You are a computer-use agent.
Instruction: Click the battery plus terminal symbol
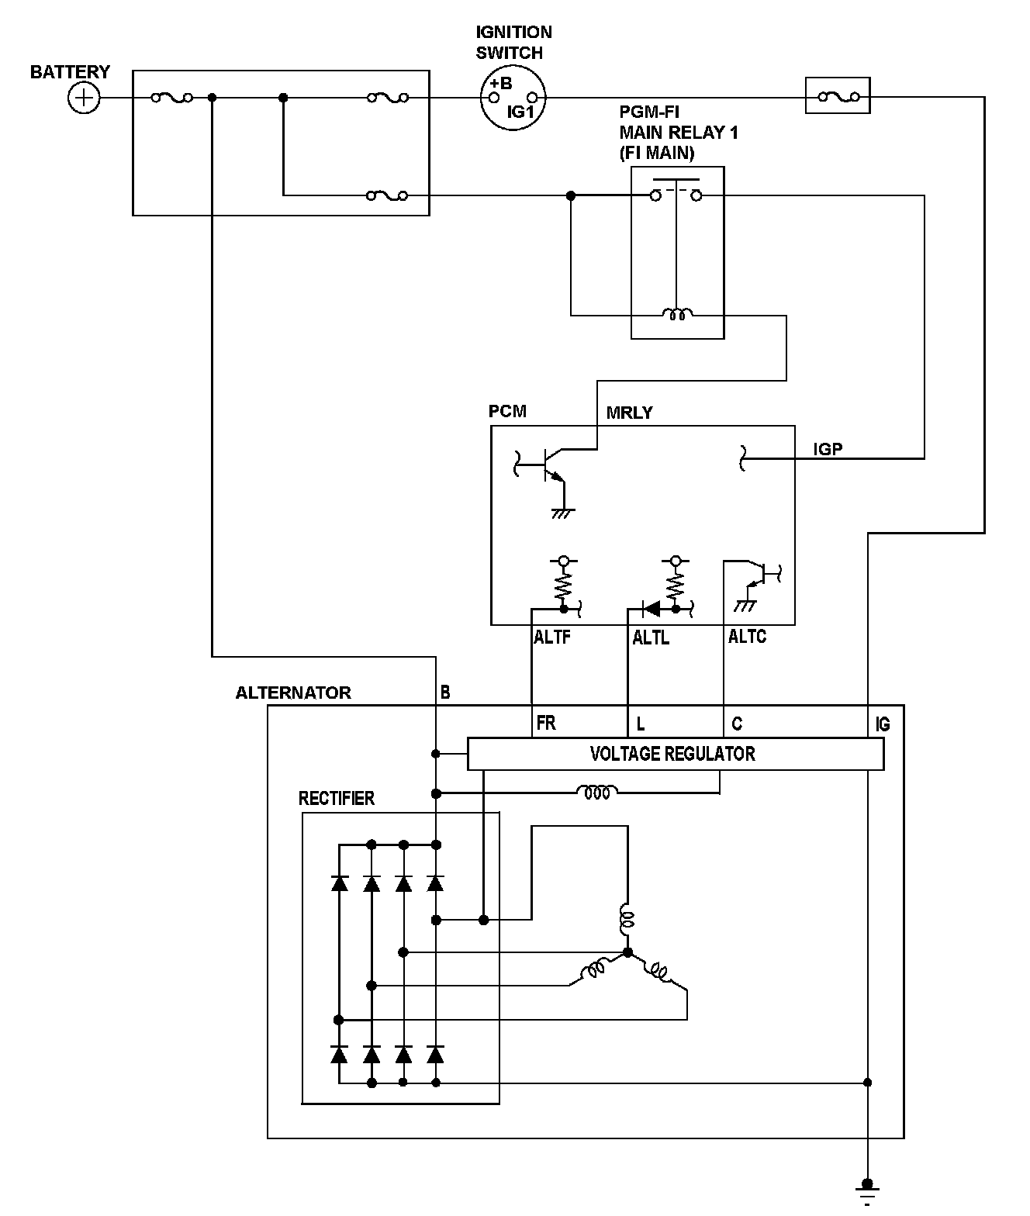tap(84, 98)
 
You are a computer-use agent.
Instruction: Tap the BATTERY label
tap(70, 72)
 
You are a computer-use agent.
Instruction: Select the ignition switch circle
tap(513, 98)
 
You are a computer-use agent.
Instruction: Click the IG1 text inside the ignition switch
tap(520, 112)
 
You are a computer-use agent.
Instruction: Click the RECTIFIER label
tap(336, 799)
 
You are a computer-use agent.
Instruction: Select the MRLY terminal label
tap(629, 413)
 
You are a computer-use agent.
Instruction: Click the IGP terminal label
tap(828, 448)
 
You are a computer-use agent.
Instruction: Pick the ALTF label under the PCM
tap(552, 638)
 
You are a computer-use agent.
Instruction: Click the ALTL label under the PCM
tap(651, 638)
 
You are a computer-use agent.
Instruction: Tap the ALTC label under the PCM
tap(747, 637)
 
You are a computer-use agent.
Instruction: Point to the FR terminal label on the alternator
tap(546, 724)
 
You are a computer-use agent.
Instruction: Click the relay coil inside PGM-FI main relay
tap(677, 314)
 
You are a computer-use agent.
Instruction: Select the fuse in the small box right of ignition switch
tap(838, 96)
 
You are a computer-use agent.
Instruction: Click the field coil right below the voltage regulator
tap(597, 793)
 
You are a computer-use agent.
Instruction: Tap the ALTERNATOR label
tap(293, 693)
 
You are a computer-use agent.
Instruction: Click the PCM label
tap(507, 411)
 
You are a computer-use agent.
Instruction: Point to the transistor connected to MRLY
tap(548, 465)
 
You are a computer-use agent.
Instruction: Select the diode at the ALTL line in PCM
tap(652, 610)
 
